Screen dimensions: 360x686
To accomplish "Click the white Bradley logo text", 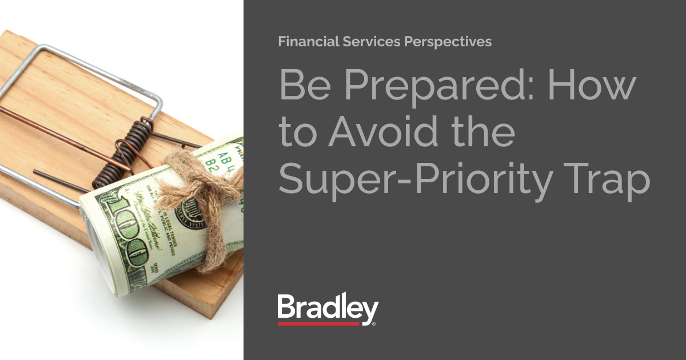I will (x=327, y=309).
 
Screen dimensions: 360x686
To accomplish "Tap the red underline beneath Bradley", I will (x=319, y=324).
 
